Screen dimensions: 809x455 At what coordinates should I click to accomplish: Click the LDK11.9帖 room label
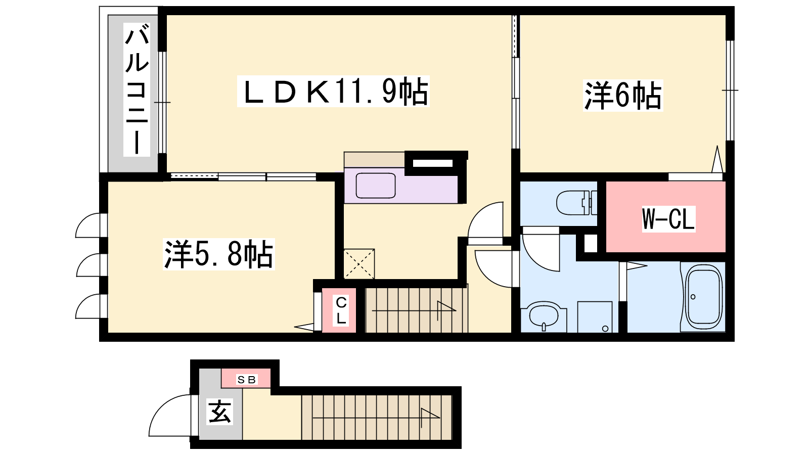click(x=333, y=92)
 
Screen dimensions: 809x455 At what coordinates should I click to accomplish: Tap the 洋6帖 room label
click(x=623, y=96)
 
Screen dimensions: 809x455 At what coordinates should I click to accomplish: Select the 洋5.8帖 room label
click(x=219, y=254)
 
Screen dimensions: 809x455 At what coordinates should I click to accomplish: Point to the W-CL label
click(x=668, y=218)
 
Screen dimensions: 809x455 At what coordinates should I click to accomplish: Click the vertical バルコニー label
click(x=137, y=89)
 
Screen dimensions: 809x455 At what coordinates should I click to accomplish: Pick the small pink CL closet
click(x=339, y=310)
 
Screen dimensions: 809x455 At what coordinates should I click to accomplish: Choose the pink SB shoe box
click(x=246, y=379)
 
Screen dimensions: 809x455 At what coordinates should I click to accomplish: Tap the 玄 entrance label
click(x=220, y=412)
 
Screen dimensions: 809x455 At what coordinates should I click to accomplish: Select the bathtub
click(x=703, y=297)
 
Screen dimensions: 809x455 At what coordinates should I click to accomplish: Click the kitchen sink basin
click(x=376, y=186)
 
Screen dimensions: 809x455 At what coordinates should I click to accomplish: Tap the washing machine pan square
click(x=595, y=317)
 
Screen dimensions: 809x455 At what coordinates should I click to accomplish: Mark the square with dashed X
click(x=358, y=264)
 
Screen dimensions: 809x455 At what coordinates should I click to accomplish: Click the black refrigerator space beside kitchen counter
click(x=433, y=163)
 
